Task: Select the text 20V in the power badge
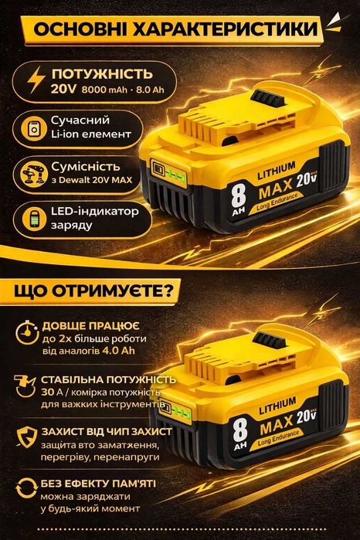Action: (x=64, y=91)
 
